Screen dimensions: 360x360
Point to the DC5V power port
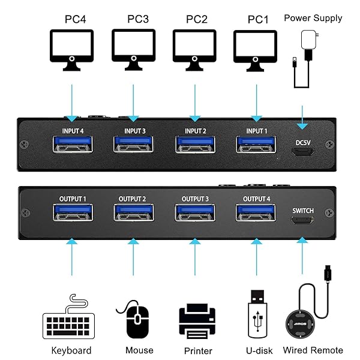pyautogui.click(x=302, y=150)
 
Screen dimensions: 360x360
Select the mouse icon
pyautogui.click(x=137, y=320)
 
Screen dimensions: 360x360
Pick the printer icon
pyautogui.click(x=197, y=322)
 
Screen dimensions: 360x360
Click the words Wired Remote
pyautogui.click(x=313, y=350)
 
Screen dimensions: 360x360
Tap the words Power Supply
pyautogui.click(x=313, y=18)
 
